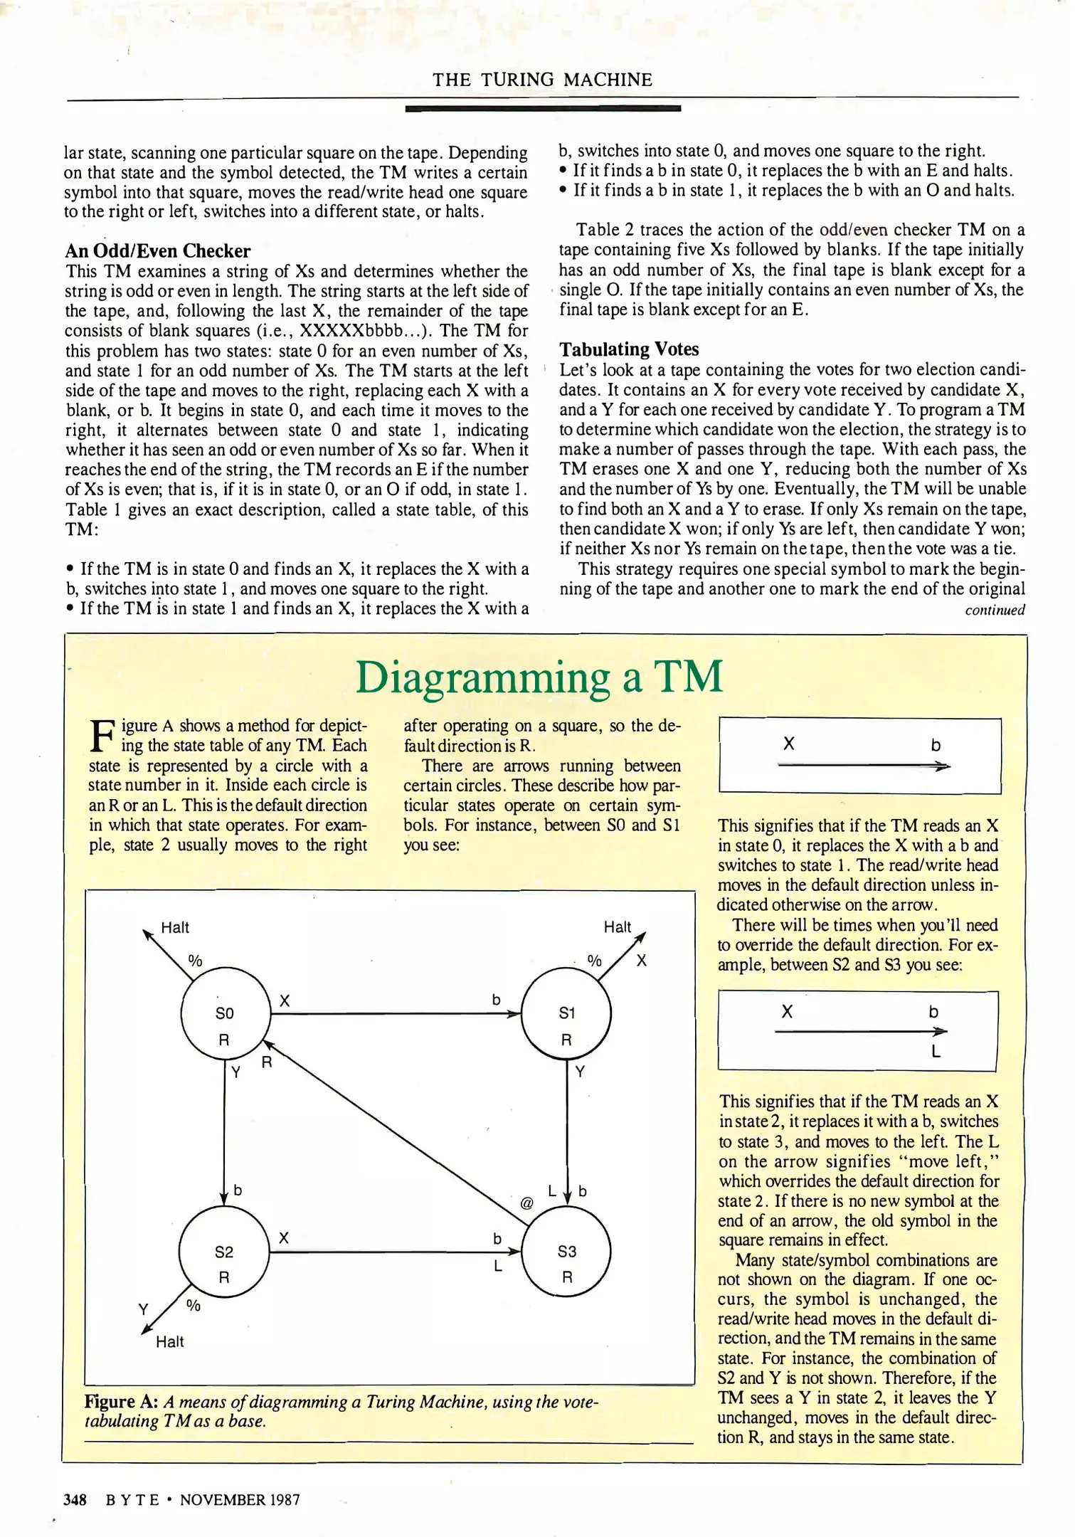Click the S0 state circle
pyautogui.click(x=225, y=1013)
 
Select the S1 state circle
pyautogui.click(x=566, y=1013)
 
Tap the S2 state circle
pyautogui.click(x=223, y=1252)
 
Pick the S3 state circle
pyautogui.click(x=566, y=1252)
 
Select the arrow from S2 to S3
pyautogui.click(x=396, y=1252)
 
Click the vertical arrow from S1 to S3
pyautogui.click(x=567, y=1131)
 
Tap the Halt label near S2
pyautogui.click(x=170, y=1341)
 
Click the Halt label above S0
pyautogui.click(x=175, y=927)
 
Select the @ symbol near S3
pyautogui.click(x=526, y=1203)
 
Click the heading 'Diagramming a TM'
pyautogui.click(x=539, y=677)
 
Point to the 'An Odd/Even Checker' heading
pyautogui.click(x=157, y=251)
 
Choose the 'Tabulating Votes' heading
pyautogui.click(x=629, y=349)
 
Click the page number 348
pyautogui.click(x=75, y=1499)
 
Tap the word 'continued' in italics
pyautogui.click(x=995, y=610)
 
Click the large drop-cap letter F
pyautogui.click(x=102, y=736)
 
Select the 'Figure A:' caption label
pyautogui.click(x=121, y=1401)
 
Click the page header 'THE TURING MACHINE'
pyautogui.click(x=542, y=80)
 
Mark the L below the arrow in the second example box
pyautogui.click(x=936, y=1051)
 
